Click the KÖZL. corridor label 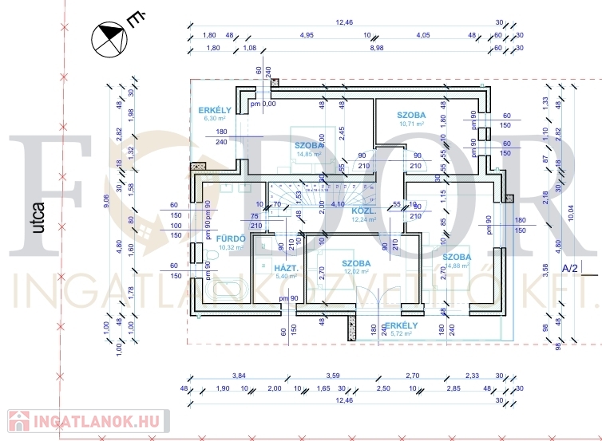pos(363,211)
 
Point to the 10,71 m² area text pos(410,124)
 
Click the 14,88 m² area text pos(456,266)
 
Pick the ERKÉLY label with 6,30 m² pos(215,110)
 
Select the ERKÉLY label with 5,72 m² pos(401,325)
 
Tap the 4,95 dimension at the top pos(307,35)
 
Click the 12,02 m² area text pos(355,272)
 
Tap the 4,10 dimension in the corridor pos(338,204)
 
